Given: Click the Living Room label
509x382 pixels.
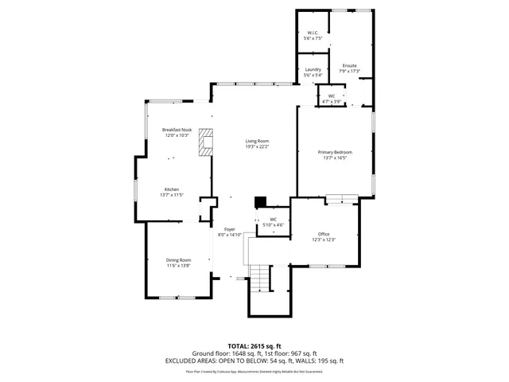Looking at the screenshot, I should pyautogui.click(x=257, y=141).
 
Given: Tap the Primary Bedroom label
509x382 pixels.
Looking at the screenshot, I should pyautogui.click(x=335, y=152).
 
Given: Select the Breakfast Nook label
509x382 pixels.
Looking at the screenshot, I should pyautogui.click(x=177, y=130).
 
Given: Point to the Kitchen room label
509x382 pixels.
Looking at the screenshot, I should pyautogui.click(x=172, y=189).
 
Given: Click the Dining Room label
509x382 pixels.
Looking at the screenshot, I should pyautogui.click(x=178, y=260).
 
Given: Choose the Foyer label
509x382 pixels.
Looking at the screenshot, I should pyautogui.click(x=229, y=229).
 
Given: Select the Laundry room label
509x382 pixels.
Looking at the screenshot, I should pyautogui.click(x=313, y=70).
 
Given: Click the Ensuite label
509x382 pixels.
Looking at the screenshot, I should pyautogui.click(x=349, y=65).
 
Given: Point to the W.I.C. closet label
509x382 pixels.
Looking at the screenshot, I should pyautogui.click(x=313, y=33).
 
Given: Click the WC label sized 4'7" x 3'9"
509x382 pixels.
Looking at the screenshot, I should pyautogui.click(x=332, y=96).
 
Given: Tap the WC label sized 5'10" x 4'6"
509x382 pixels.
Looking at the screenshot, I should pyautogui.click(x=273, y=219).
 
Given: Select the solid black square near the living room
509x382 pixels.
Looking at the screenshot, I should pyautogui.click(x=259, y=203).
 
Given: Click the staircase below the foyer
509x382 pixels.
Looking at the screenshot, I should pyautogui.click(x=260, y=280).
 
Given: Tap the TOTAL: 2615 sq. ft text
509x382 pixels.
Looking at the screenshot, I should pyautogui.click(x=254, y=346).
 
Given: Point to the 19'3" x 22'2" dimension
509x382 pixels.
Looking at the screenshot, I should pyautogui.click(x=257, y=146).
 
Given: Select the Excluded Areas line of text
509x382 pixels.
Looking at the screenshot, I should pyautogui.click(x=254, y=361).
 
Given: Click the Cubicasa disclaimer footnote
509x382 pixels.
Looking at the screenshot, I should pyautogui.click(x=254, y=371).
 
